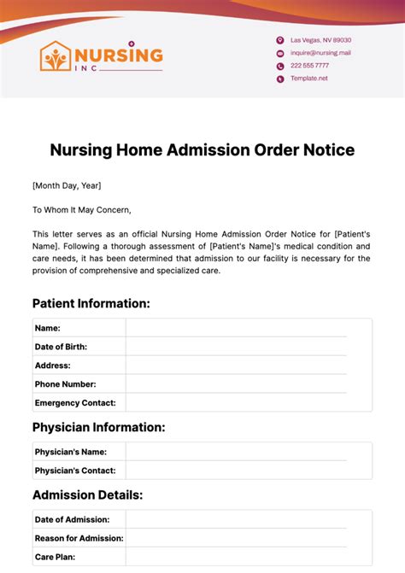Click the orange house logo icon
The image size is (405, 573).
56,56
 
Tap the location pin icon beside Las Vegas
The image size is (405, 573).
279,40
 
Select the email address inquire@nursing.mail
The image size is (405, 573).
320,53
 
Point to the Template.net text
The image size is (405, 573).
308,79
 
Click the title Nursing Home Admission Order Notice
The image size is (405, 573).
202,150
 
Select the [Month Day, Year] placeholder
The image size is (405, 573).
67,185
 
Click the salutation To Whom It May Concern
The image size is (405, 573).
82,209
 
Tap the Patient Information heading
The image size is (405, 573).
91,303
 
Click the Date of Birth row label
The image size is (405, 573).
61,347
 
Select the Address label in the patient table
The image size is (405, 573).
52,365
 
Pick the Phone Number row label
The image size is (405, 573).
65,384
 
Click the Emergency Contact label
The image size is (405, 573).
75,403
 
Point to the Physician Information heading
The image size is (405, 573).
99,427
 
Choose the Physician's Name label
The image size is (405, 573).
71,452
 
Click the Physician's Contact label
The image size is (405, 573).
75,471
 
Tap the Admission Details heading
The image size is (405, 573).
88,494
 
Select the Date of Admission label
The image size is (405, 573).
72,519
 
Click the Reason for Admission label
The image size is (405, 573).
79,538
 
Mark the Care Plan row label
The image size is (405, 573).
55,557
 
